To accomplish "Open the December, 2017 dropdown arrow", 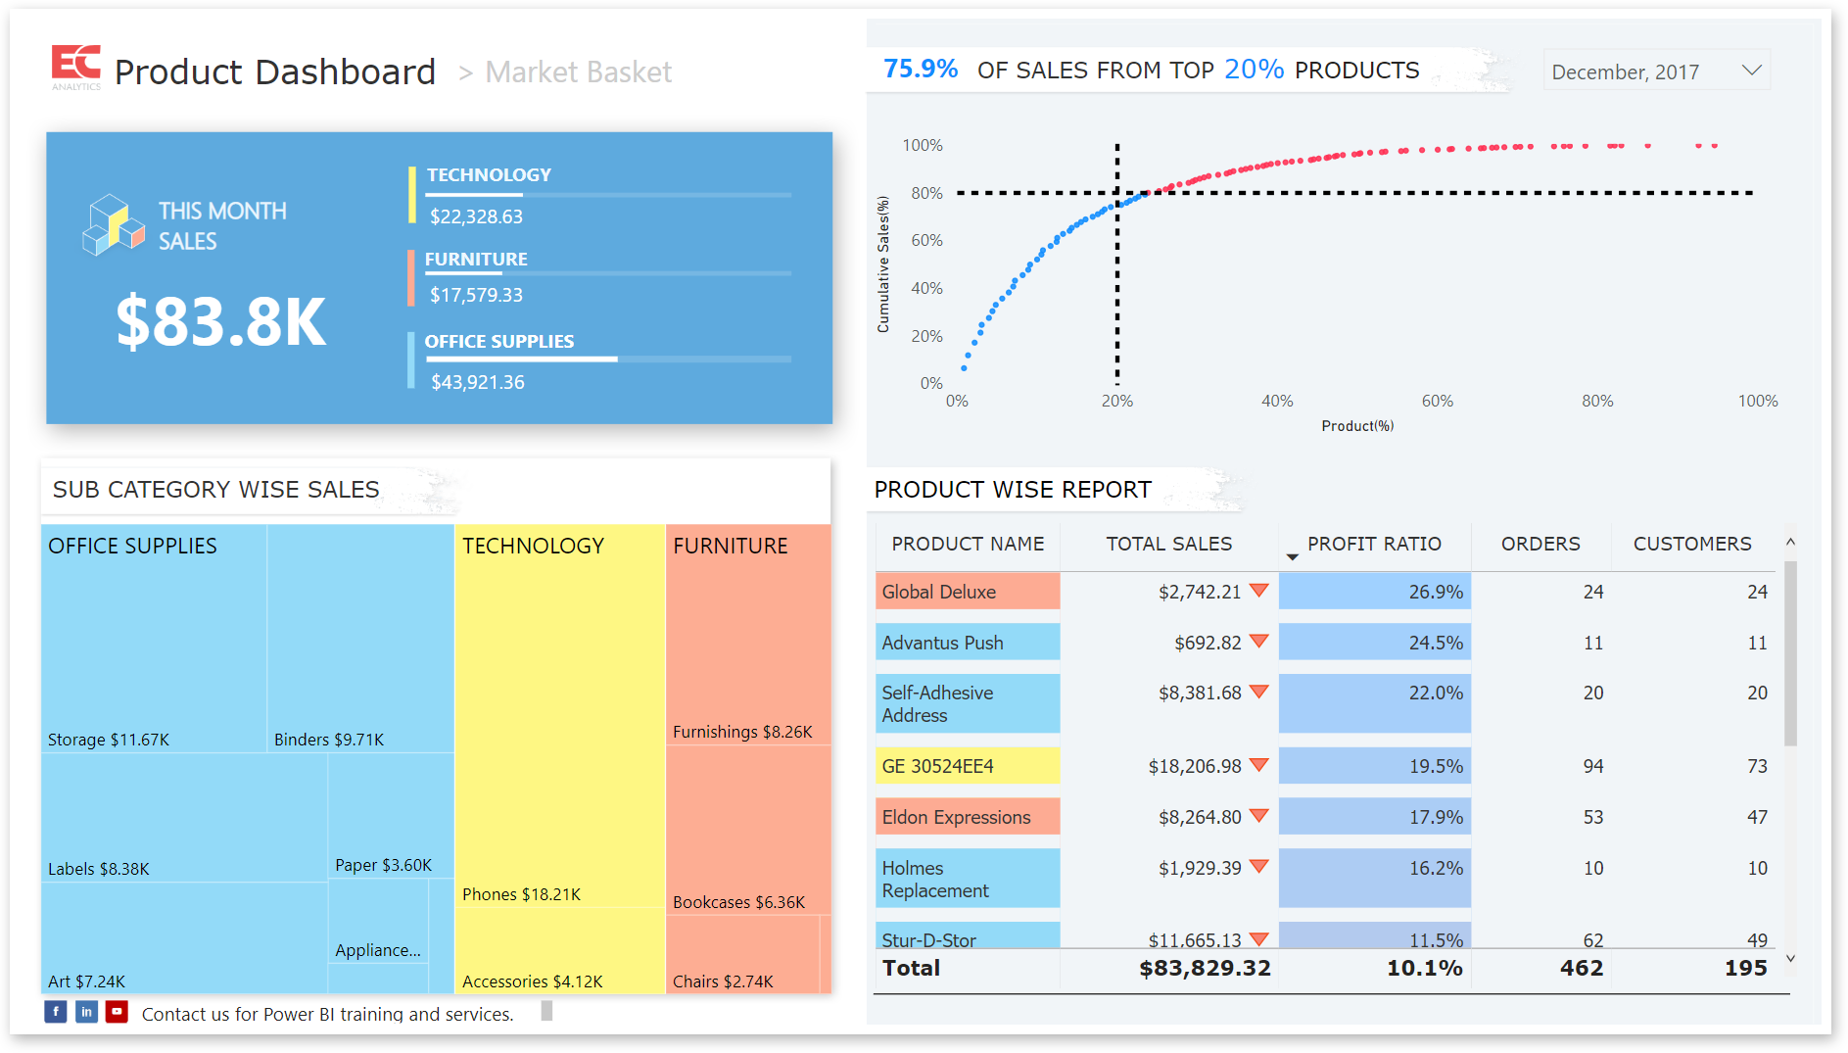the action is pyautogui.click(x=1752, y=71).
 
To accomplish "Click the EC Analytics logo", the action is pyautogui.click(x=75, y=68).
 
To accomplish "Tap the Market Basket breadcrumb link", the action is pyautogui.click(x=578, y=72).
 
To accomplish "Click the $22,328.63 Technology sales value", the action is pyautogui.click(x=476, y=216).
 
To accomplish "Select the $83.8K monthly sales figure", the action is pyautogui.click(x=221, y=321).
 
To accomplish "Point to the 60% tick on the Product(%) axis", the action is pyautogui.click(x=1437, y=401).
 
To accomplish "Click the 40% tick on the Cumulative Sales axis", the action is pyautogui.click(x=926, y=288).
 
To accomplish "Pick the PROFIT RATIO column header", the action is pyautogui.click(x=1374, y=544).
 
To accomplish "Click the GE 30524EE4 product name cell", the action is pyautogui.click(x=937, y=766).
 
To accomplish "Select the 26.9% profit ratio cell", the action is pyautogui.click(x=1374, y=592).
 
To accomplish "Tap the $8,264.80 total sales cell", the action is pyautogui.click(x=1200, y=817).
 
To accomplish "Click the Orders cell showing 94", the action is pyautogui.click(x=1593, y=766).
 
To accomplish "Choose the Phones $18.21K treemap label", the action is pyautogui.click(x=521, y=894).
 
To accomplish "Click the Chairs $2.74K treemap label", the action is pyautogui.click(x=723, y=981).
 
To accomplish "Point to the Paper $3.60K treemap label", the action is pyautogui.click(x=383, y=865).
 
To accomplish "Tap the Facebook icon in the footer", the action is pyautogui.click(x=56, y=1012).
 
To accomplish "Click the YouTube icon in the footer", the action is pyautogui.click(x=117, y=1012).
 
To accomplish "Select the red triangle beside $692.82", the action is pyautogui.click(x=1259, y=641).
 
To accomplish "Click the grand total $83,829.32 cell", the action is pyautogui.click(x=1205, y=968).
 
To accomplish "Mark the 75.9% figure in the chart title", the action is pyautogui.click(x=921, y=69).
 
